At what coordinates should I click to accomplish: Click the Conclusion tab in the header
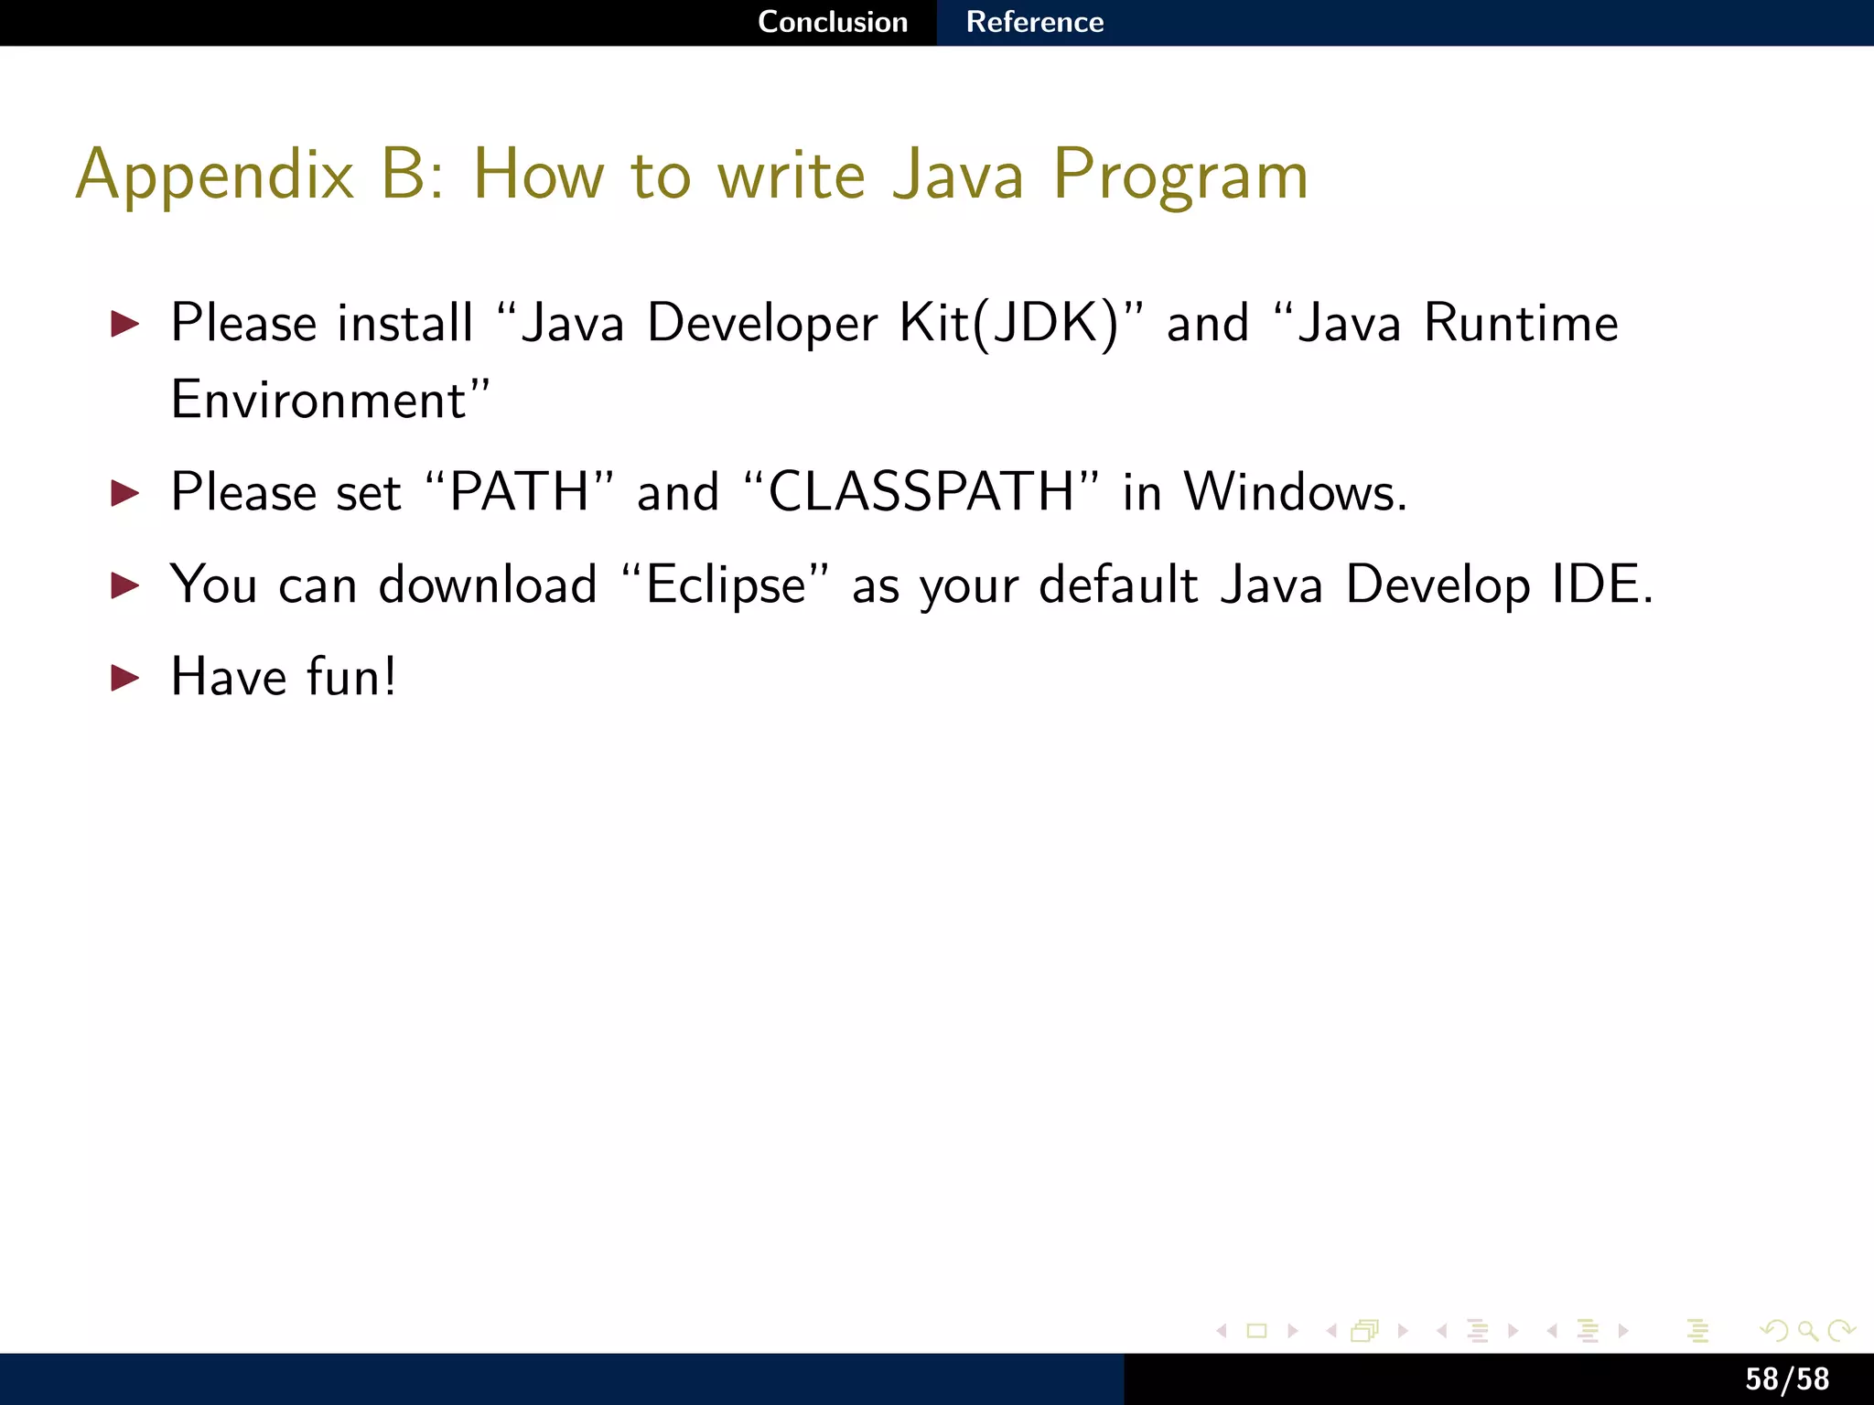[x=833, y=22]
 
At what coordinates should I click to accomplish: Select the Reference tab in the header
[x=1035, y=22]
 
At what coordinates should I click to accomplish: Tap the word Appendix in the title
[x=214, y=176]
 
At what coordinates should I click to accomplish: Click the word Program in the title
[x=1180, y=176]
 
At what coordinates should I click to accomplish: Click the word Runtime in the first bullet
[x=1521, y=324]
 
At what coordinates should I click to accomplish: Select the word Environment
[x=320, y=401]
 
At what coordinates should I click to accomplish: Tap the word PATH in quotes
[x=519, y=492]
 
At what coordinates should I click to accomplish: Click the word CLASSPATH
[x=921, y=492]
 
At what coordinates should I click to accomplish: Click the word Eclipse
[x=726, y=585]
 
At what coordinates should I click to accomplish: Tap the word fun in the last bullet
[x=344, y=677]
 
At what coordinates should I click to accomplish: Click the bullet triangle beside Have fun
[x=124, y=678]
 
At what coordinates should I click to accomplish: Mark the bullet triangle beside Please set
[x=124, y=493]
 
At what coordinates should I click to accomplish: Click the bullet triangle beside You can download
[x=124, y=585]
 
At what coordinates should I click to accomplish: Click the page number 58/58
[x=1786, y=1378]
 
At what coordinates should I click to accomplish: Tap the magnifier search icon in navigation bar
[x=1807, y=1331]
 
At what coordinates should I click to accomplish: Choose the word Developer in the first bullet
[x=761, y=324]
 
